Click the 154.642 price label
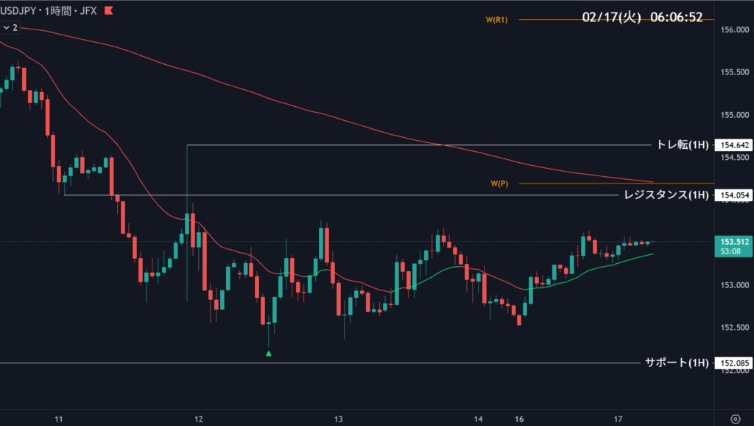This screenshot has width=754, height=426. tap(733, 145)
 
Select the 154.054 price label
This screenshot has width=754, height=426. tap(733, 195)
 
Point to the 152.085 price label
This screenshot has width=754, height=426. tap(733, 363)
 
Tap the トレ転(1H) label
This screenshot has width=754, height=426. tap(682, 145)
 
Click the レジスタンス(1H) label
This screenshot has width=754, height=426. tap(666, 195)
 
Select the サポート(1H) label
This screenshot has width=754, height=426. tap(676, 363)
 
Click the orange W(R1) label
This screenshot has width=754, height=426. tap(497, 20)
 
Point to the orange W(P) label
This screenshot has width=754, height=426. tap(499, 183)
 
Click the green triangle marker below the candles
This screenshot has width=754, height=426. tap(269, 354)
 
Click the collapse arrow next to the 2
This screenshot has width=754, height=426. tap(6, 27)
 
